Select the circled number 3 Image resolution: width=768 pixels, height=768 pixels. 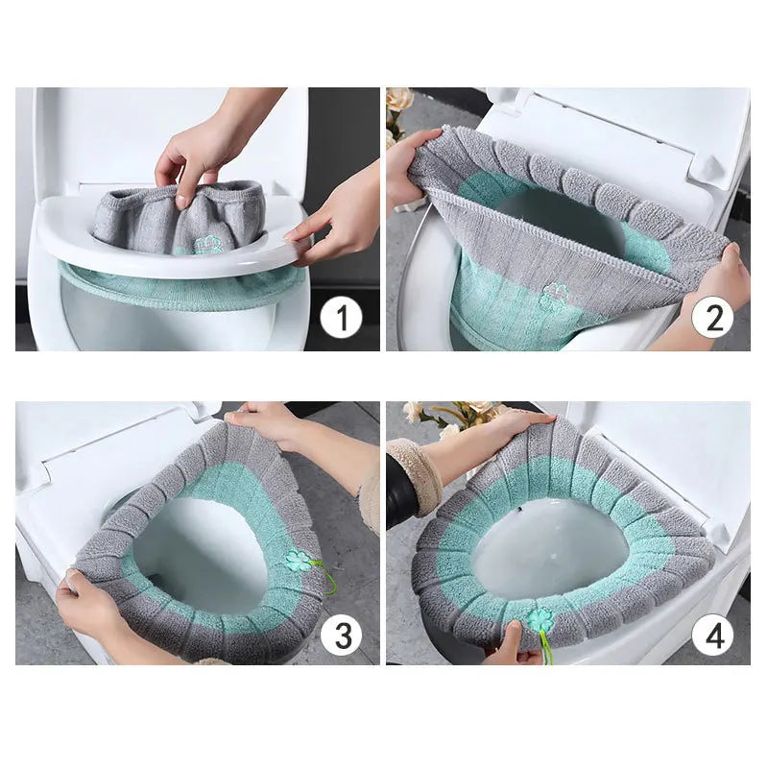(x=341, y=635)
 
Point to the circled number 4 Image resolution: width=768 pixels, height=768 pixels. (x=712, y=635)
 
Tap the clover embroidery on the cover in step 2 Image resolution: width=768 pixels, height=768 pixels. (x=555, y=296)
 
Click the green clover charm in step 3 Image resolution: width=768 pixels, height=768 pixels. (x=300, y=561)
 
